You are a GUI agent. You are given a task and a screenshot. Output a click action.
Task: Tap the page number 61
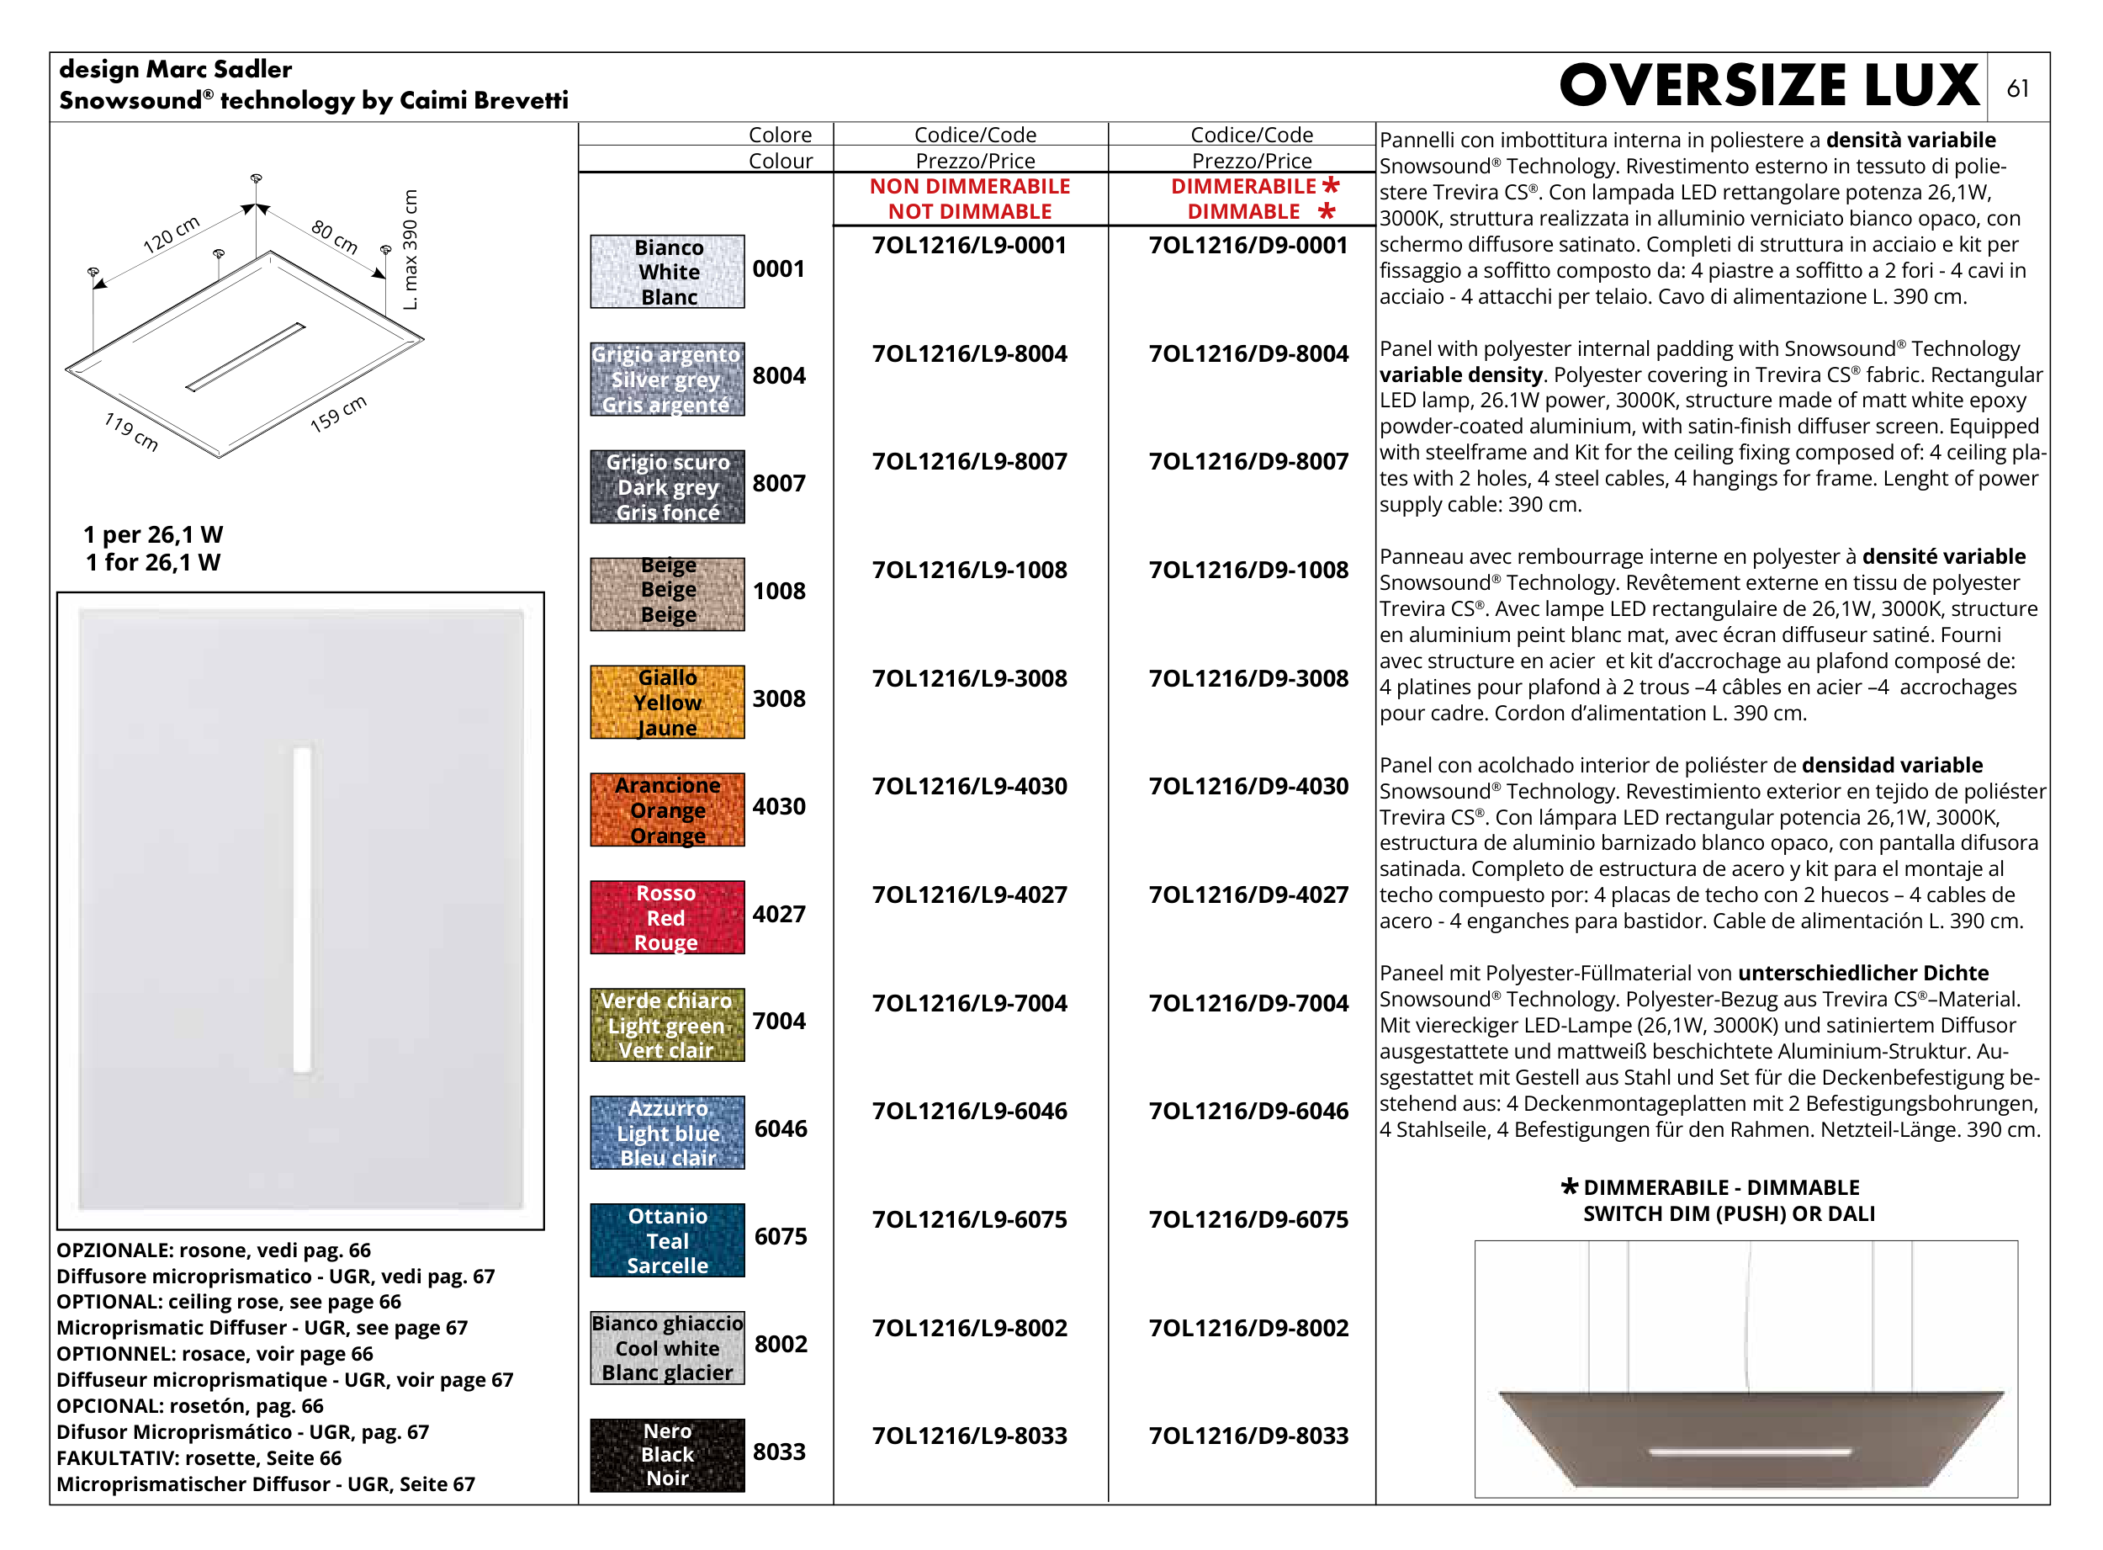(2018, 89)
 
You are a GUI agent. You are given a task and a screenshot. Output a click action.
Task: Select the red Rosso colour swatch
(667, 916)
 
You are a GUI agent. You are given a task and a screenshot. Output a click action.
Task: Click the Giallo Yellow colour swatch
(667, 702)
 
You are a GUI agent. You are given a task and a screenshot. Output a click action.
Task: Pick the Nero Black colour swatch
(667, 1454)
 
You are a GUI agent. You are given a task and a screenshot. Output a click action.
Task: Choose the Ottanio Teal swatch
(667, 1239)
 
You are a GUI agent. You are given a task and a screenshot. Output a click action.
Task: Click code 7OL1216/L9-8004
(969, 353)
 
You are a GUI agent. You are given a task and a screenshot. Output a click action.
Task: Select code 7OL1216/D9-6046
(1247, 1111)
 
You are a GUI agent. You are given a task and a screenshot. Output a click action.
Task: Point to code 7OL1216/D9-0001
(1247, 246)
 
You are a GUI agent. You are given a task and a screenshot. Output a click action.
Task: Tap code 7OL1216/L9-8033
(969, 1436)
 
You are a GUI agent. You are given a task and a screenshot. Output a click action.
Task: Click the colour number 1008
(779, 591)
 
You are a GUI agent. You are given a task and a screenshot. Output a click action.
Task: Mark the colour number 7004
(779, 1021)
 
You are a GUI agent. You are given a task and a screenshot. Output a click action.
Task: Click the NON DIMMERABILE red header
(969, 187)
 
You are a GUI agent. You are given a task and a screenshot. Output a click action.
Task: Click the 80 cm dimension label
(335, 236)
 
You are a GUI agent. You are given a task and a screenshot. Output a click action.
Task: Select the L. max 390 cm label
(410, 250)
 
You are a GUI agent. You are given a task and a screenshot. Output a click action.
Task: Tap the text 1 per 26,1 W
(153, 535)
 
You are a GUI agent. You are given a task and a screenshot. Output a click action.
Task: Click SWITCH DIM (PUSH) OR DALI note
(1729, 1213)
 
